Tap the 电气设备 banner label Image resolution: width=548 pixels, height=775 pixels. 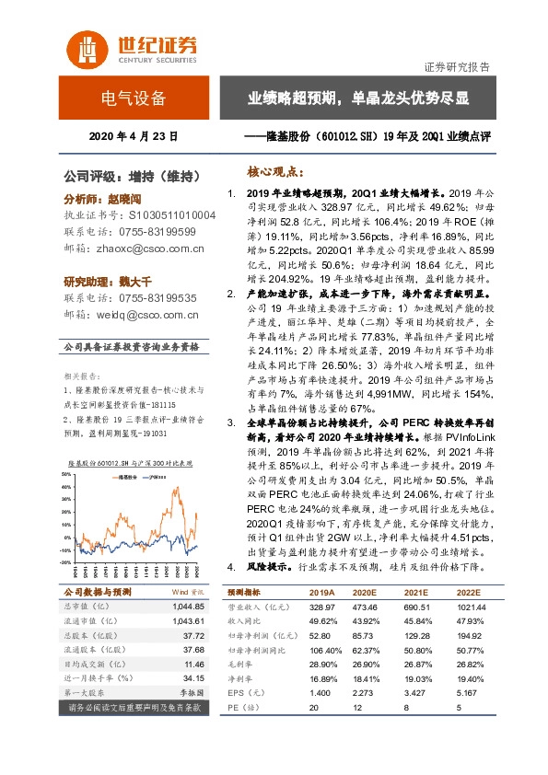(134, 98)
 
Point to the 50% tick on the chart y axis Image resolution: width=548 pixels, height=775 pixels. (65, 475)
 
